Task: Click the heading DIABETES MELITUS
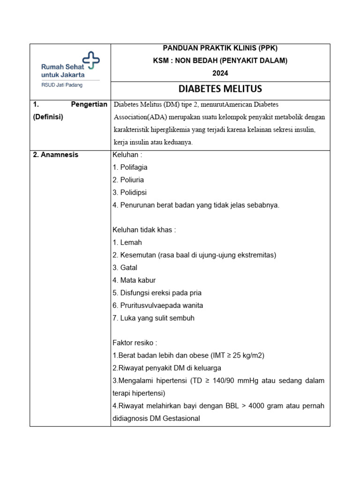pos(220,89)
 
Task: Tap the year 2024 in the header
pos(220,73)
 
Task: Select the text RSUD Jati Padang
pos(59,85)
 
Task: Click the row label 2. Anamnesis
pos(56,155)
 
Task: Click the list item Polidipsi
pos(133,193)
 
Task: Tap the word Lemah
pos(131,242)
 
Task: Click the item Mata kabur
pos(138,280)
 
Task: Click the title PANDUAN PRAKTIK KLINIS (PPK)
pos(220,48)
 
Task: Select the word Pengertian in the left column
pos(89,105)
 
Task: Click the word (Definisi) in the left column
pos(47,117)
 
